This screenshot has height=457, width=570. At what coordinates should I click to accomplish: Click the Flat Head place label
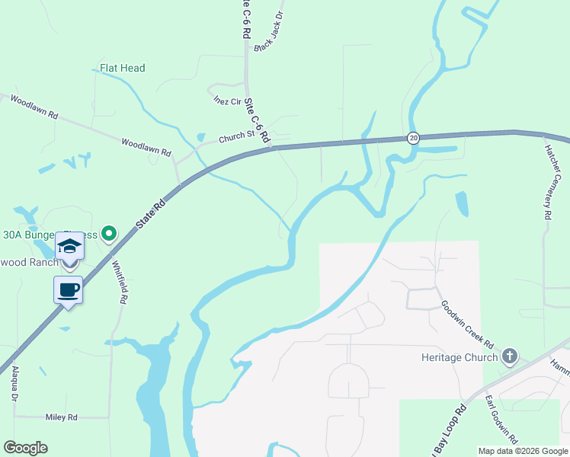coord(122,68)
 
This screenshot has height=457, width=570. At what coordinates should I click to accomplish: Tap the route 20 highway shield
coord(413,138)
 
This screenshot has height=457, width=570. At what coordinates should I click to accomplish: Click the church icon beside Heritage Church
coord(510,356)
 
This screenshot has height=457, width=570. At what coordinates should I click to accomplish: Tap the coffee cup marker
coord(69,289)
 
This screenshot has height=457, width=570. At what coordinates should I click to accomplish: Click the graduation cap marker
coord(69,246)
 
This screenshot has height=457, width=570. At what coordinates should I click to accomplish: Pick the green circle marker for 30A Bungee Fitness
coord(109,233)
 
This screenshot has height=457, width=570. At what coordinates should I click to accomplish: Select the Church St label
coord(235,138)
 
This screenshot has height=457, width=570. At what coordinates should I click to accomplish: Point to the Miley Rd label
coord(62,417)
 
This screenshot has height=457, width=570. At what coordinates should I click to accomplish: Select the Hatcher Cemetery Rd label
coord(553,183)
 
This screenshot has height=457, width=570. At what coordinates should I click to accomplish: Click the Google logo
coord(25,448)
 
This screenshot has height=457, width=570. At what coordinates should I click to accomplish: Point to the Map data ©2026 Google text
coord(523,451)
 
